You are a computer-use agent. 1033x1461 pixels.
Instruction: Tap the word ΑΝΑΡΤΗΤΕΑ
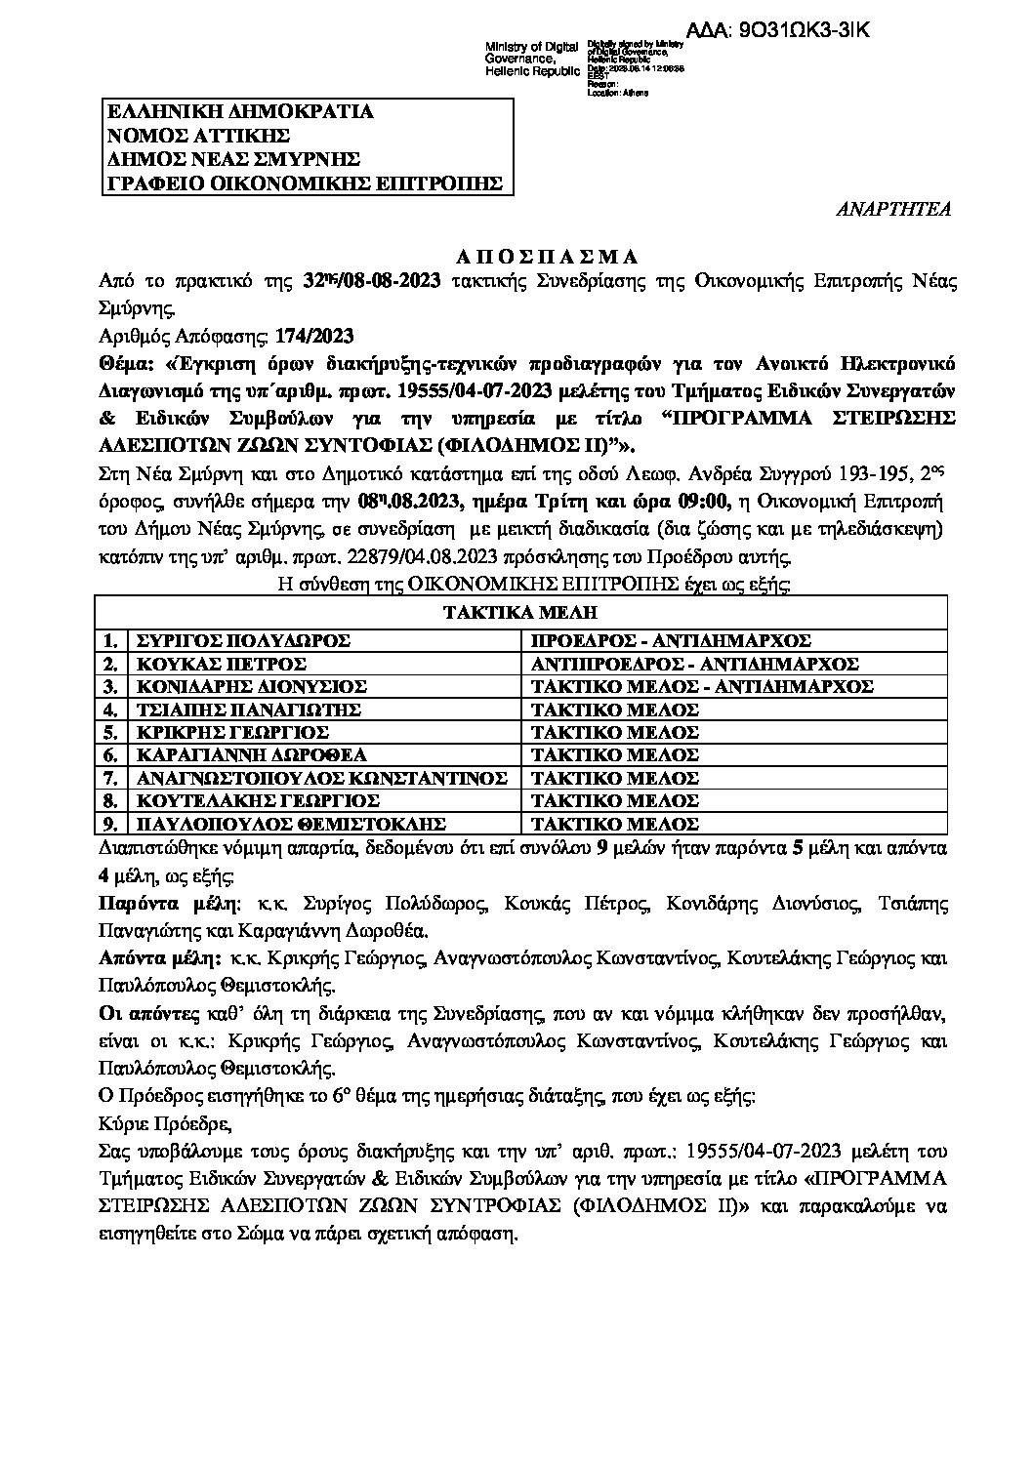(894, 209)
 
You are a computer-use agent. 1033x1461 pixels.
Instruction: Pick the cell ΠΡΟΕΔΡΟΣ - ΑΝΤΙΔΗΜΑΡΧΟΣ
(671, 641)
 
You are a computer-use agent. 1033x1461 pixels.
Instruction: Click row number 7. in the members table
(110, 778)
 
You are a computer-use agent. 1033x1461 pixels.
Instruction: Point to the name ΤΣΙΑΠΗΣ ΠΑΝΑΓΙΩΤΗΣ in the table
(249, 710)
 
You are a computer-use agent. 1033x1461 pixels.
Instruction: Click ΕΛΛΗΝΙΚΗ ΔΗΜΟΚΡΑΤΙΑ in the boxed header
(239, 111)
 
